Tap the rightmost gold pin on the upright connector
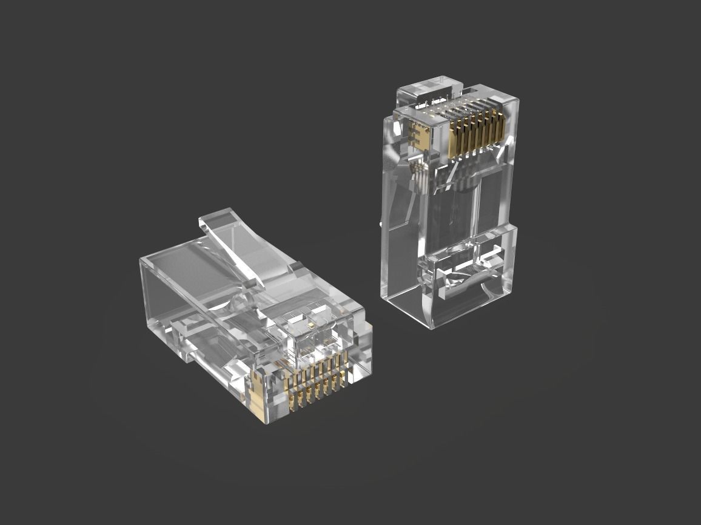click(500, 128)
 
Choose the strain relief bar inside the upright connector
click(467, 266)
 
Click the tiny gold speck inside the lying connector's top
click(311, 325)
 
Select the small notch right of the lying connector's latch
click(296, 266)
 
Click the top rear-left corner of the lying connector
click(141, 259)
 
